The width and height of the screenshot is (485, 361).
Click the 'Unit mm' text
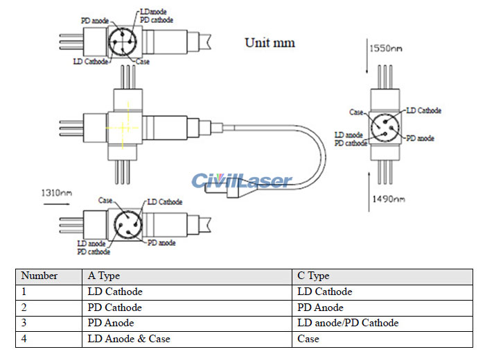tap(270, 43)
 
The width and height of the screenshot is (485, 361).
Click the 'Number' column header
tap(39, 276)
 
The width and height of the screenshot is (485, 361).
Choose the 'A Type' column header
tap(104, 276)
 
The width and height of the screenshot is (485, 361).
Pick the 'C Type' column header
tap(313, 276)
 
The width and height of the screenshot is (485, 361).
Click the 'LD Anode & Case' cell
tap(129, 338)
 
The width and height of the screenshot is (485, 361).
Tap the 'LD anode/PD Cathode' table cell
tap(348, 323)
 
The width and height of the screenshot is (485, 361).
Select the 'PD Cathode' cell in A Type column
tap(115, 308)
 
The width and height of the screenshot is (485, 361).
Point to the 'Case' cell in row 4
tap(308, 338)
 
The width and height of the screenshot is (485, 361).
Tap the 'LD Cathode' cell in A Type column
tap(115, 292)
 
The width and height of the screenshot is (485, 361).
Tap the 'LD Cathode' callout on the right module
tap(423, 111)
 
